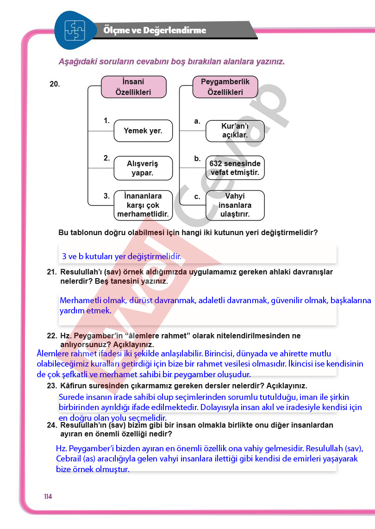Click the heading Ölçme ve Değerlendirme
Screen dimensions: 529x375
tap(155, 31)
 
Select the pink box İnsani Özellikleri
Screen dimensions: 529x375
tap(133, 87)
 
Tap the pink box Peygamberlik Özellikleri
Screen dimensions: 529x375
tap(225, 87)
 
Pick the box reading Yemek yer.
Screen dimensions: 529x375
tap(143, 131)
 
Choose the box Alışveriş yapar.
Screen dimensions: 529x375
tap(143, 168)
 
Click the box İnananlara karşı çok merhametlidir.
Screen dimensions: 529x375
tap(143, 205)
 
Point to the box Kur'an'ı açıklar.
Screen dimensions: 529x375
tap(235, 131)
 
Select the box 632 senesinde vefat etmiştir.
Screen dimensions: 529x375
tap(235, 168)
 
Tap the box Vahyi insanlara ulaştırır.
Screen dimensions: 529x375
tap(235, 205)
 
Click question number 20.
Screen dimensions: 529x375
tap(55, 84)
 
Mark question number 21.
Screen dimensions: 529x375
tap(51, 272)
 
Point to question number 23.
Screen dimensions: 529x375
tap(51, 386)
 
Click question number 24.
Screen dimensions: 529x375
tap(51, 424)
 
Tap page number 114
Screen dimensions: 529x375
tap(48, 497)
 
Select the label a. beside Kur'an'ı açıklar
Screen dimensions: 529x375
tap(197, 121)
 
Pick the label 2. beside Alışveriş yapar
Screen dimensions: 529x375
tap(106, 158)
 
